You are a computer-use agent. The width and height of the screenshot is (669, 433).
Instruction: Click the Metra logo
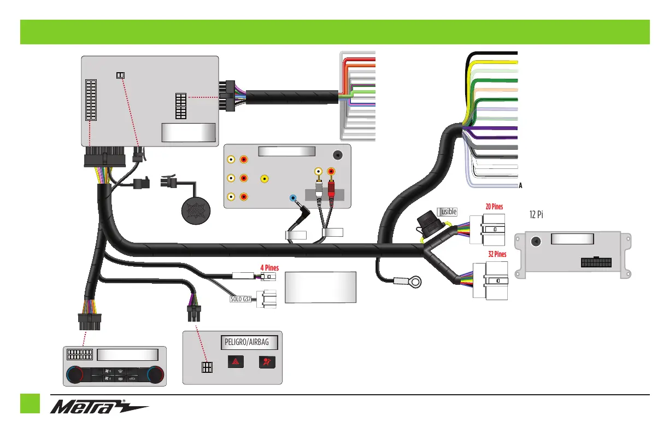[x=100, y=408]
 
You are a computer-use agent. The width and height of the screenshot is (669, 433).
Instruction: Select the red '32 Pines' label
[x=497, y=254]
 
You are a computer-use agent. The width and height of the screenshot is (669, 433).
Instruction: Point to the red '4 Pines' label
[x=269, y=268]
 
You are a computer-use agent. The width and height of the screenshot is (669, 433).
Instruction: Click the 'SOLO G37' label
[x=239, y=299]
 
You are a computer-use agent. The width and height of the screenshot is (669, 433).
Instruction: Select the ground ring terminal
[x=415, y=283]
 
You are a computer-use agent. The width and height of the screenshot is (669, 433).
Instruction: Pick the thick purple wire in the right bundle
[x=492, y=129]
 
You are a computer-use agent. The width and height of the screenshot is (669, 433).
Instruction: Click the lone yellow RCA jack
[x=265, y=178]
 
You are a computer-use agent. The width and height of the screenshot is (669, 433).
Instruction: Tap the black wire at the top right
[x=492, y=53]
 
